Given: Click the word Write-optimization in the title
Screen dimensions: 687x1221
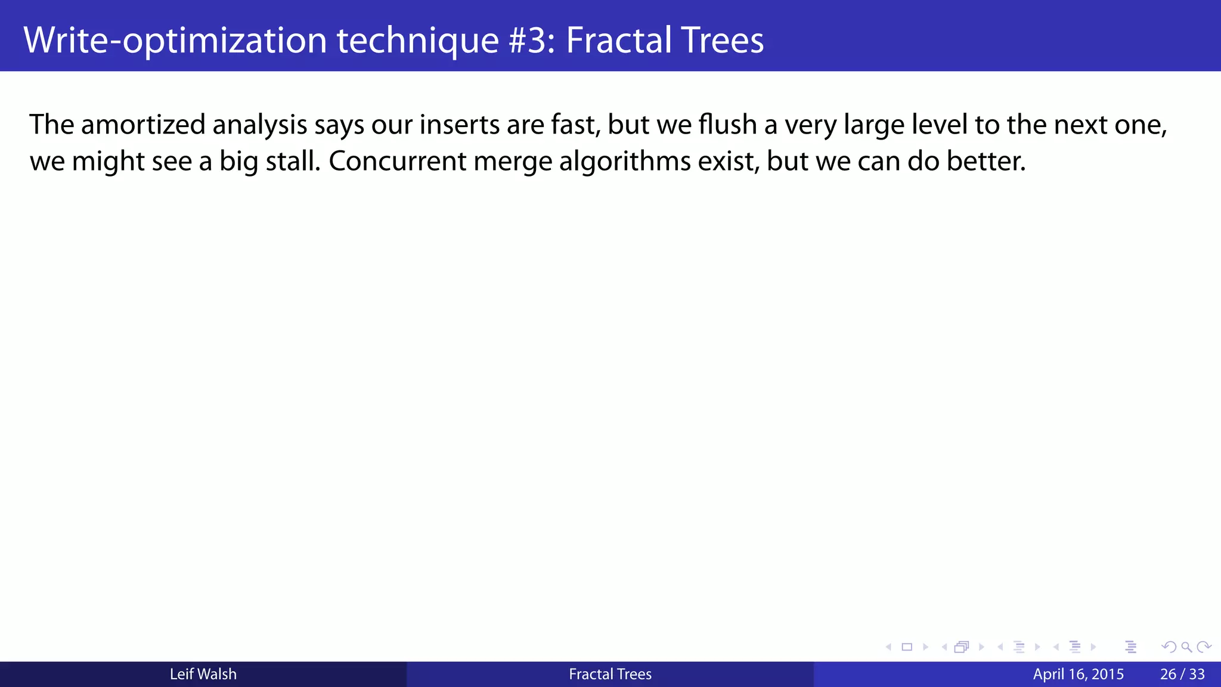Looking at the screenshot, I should [x=175, y=40].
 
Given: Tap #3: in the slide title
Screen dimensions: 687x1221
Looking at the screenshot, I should [x=532, y=40].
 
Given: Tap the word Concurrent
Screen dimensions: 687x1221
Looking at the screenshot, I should [x=397, y=161].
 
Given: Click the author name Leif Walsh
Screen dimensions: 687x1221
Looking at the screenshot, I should [x=203, y=674].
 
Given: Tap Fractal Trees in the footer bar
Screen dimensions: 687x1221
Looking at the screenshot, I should [x=610, y=674].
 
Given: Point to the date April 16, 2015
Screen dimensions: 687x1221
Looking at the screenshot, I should [x=1078, y=674].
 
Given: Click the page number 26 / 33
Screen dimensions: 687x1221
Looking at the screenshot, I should [x=1182, y=674].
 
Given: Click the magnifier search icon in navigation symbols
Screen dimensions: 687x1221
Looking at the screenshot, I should [x=1186, y=647].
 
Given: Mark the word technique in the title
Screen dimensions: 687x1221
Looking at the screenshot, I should [x=418, y=40].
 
